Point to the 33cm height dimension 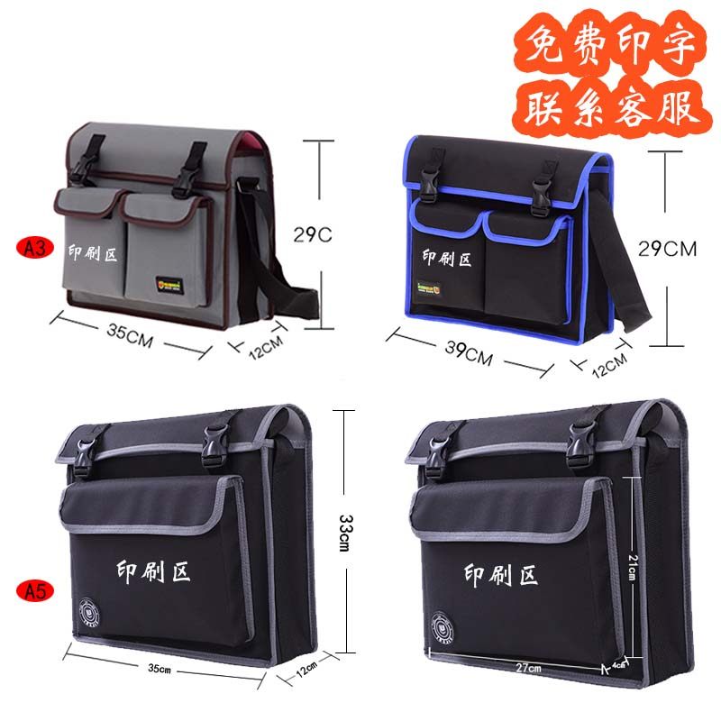click(343, 529)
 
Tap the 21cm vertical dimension click(633, 568)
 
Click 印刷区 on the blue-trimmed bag click(447, 259)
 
